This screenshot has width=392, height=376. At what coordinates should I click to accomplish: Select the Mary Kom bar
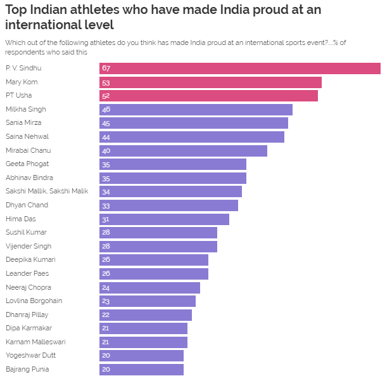(x=210, y=82)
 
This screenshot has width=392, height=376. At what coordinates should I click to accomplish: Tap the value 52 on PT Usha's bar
(x=106, y=96)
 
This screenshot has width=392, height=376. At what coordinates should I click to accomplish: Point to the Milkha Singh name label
(x=25, y=109)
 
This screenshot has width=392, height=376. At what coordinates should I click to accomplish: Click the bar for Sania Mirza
(x=193, y=123)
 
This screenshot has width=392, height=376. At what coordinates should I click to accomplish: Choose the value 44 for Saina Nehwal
(x=106, y=137)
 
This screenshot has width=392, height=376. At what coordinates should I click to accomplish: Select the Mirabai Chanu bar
(x=183, y=150)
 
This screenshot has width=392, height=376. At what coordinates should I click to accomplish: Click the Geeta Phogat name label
(x=27, y=164)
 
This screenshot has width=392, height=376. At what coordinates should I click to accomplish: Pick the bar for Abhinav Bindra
(x=172, y=178)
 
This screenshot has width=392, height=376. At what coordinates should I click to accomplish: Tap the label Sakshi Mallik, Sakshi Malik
(x=47, y=191)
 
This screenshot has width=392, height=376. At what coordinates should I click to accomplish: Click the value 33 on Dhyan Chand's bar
(x=106, y=205)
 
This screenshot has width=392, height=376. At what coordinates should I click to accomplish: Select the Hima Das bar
(x=164, y=219)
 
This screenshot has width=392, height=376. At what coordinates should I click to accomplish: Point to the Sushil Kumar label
(x=25, y=232)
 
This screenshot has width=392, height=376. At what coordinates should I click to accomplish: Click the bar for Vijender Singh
(x=158, y=246)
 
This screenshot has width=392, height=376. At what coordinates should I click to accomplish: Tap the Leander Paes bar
(x=153, y=273)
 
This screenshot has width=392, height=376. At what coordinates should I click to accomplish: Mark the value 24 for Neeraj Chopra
(x=106, y=287)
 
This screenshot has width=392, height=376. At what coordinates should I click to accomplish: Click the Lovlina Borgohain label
(x=34, y=301)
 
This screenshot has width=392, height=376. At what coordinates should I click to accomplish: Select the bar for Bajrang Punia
(x=141, y=369)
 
